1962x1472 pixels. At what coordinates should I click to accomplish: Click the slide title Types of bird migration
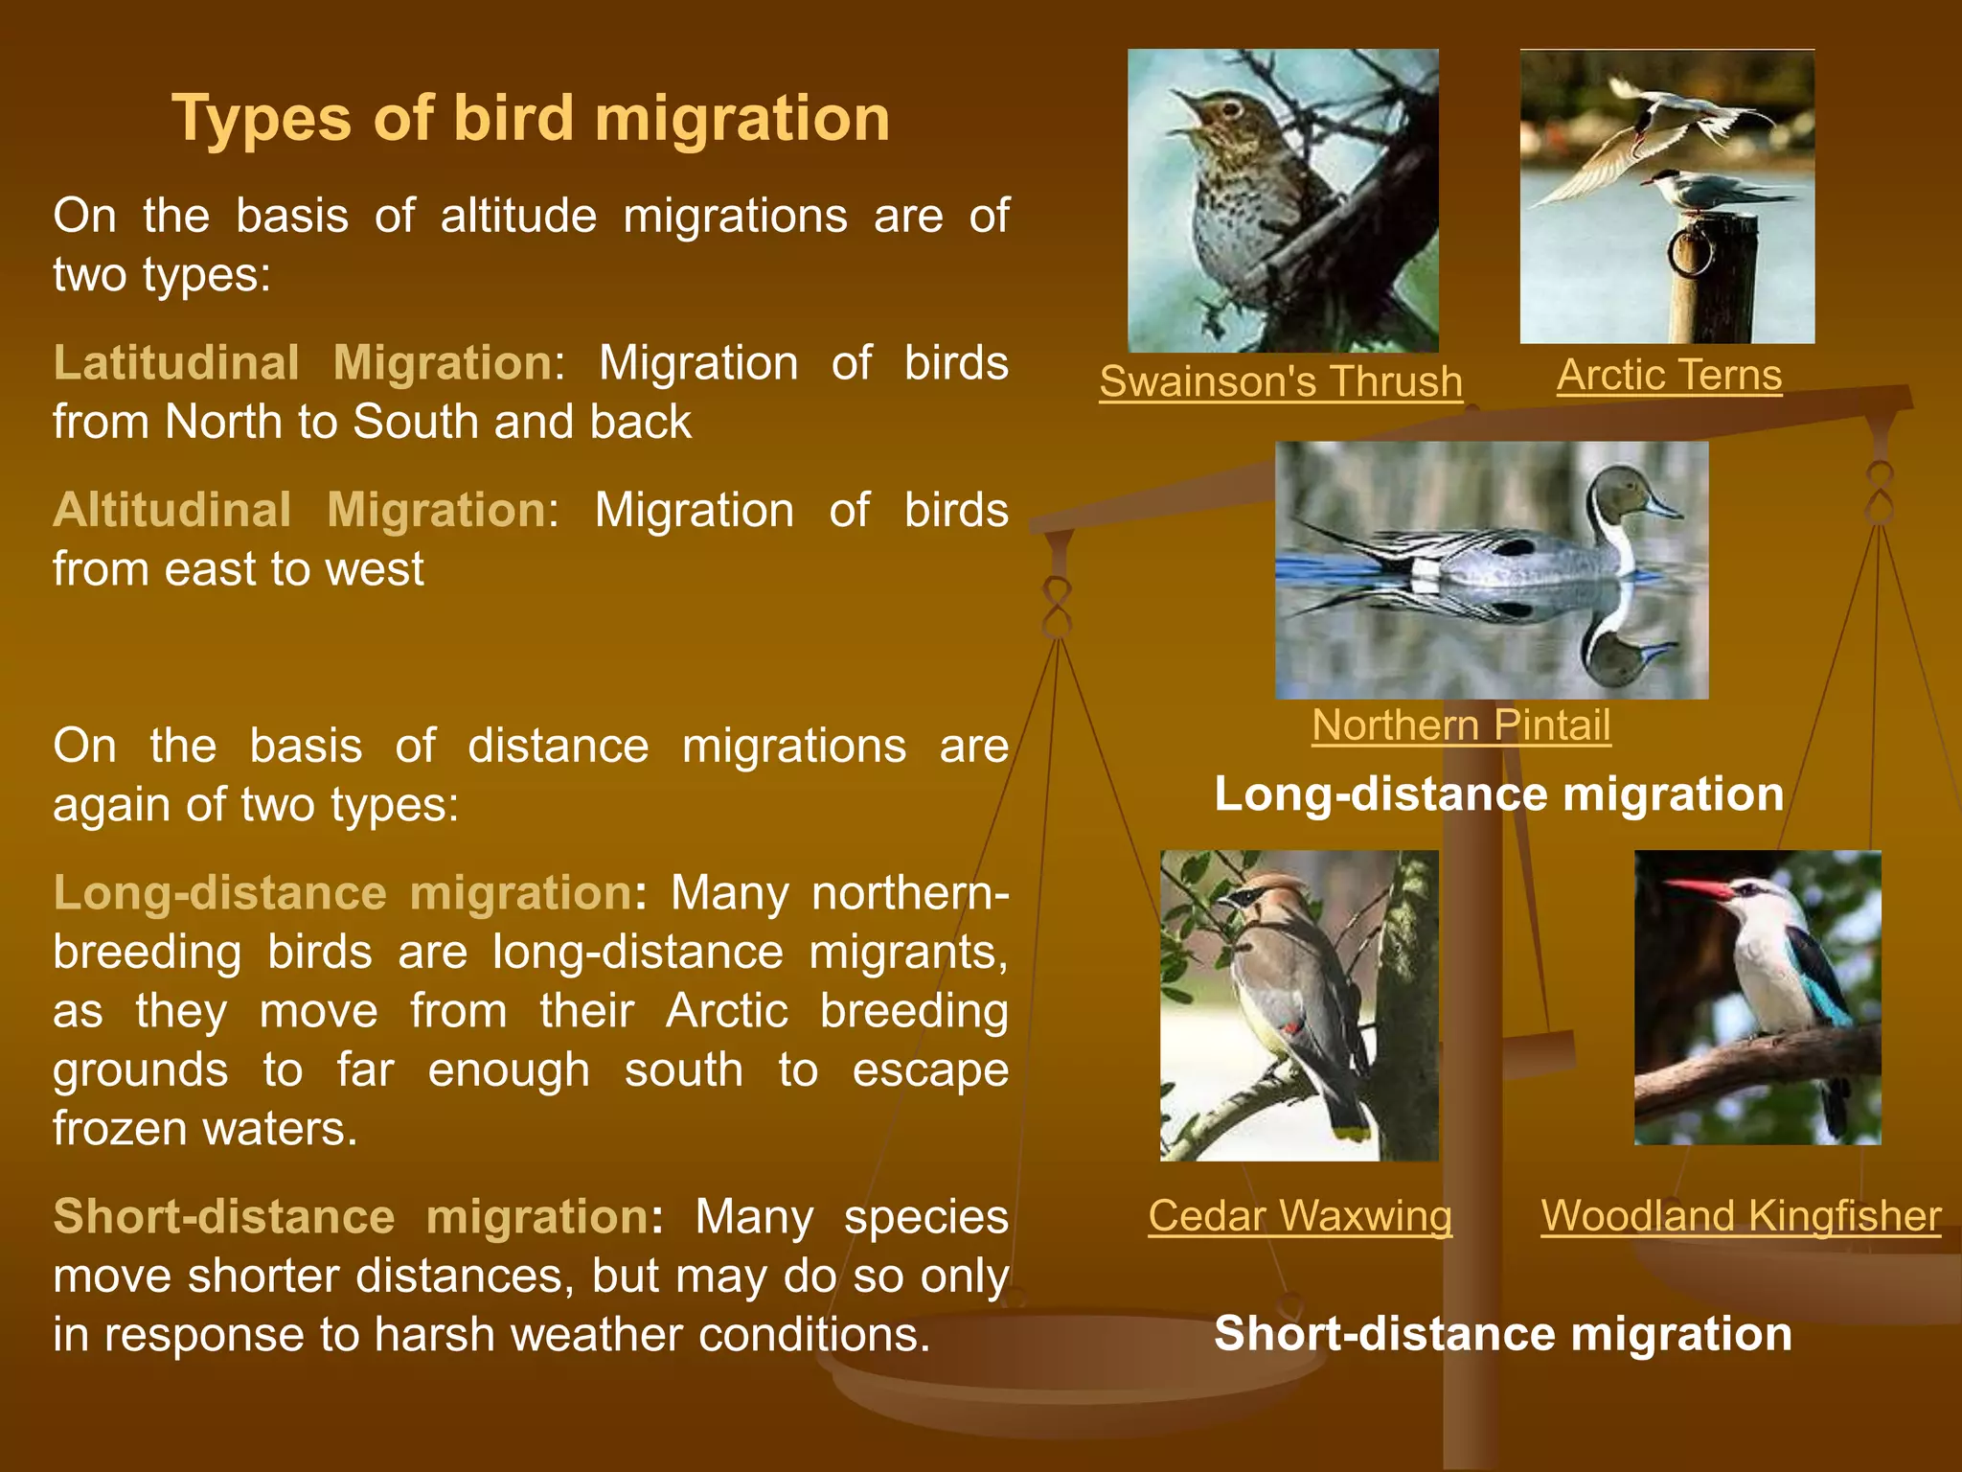(x=531, y=119)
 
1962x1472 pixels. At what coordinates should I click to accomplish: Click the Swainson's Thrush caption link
(x=1281, y=381)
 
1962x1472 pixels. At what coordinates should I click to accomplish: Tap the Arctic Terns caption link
(x=1669, y=375)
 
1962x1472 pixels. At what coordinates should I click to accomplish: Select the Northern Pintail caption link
(x=1461, y=725)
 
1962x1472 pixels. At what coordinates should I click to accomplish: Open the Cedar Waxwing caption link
(x=1300, y=1216)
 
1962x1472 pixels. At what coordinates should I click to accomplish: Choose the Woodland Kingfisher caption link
(x=1741, y=1216)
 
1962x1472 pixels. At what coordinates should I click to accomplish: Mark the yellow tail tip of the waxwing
(x=1353, y=1133)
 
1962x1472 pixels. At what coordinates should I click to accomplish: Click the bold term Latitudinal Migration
(x=303, y=363)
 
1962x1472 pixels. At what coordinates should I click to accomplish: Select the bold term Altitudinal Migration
(x=299, y=510)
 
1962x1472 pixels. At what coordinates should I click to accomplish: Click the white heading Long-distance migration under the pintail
(x=1499, y=794)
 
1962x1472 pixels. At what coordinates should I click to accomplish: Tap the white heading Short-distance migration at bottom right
(x=1502, y=1334)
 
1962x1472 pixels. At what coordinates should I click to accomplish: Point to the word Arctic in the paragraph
(x=726, y=1011)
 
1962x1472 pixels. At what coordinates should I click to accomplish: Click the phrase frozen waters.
(x=205, y=1129)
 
